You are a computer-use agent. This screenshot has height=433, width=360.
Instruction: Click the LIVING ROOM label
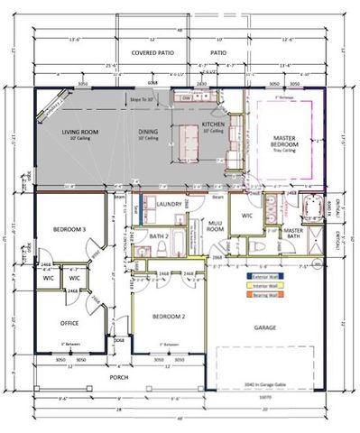point(79,133)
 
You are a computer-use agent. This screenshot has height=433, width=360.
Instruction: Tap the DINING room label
point(150,133)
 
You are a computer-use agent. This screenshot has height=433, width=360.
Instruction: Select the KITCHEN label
point(212,124)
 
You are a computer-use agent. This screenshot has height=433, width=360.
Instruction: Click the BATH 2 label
point(160,236)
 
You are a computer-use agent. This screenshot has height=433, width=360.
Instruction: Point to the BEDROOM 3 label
point(69,230)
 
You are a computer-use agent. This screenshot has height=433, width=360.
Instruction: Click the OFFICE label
point(69,322)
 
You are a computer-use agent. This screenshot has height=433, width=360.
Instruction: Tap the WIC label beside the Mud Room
point(246,216)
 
